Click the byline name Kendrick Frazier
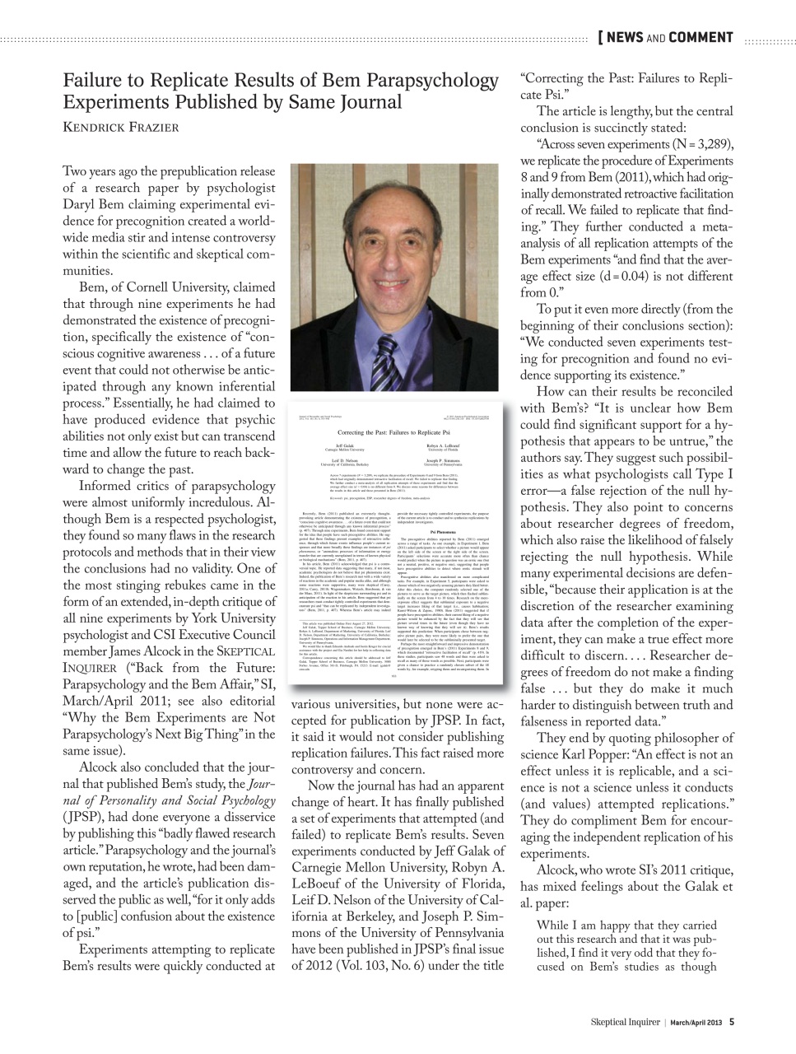(x=120, y=127)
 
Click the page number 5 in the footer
(x=731, y=1022)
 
